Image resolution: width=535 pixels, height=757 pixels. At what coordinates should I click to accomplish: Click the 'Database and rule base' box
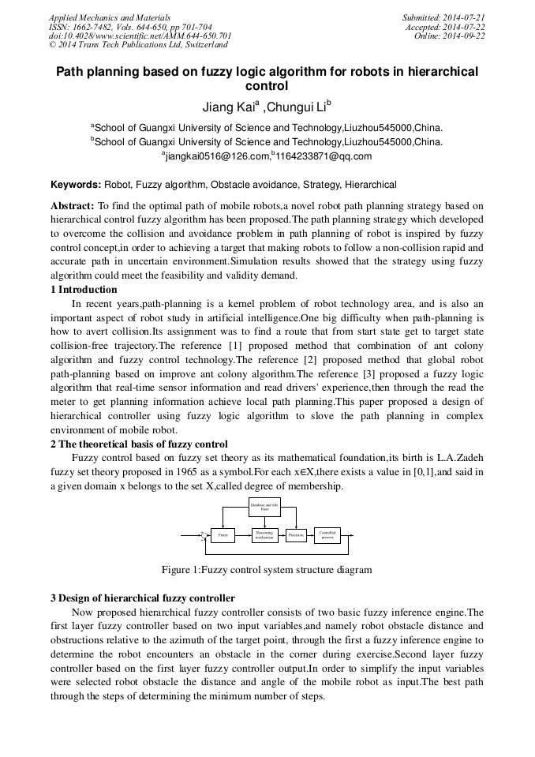tap(264, 506)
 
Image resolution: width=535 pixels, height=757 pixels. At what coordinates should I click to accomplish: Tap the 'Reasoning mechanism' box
tap(264, 535)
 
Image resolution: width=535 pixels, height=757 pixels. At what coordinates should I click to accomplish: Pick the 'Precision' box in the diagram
tap(296, 535)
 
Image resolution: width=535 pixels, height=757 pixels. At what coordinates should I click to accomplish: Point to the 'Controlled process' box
tap(327, 535)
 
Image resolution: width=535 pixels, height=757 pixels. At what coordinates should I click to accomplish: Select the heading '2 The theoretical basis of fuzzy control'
tap(139, 444)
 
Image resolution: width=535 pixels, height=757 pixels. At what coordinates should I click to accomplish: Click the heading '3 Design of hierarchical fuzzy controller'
tap(142, 598)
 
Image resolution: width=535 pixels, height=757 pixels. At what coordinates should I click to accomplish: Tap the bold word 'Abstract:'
tap(73, 205)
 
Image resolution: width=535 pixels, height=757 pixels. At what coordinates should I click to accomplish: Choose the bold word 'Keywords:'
tap(76, 185)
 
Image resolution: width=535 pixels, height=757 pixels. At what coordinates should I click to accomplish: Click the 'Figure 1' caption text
tap(266, 569)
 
